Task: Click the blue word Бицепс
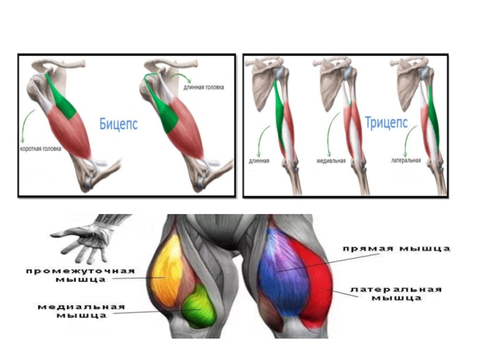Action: pyautogui.click(x=119, y=124)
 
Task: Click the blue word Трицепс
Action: pyautogui.click(x=386, y=124)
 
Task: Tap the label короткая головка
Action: pyautogui.click(x=40, y=149)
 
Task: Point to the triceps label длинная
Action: pyautogui.click(x=259, y=161)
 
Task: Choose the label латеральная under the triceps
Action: pyautogui.click(x=405, y=161)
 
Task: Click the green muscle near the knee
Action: pyautogui.click(x=197, y=306)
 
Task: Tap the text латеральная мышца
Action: pyautogui.click(x=395, y=293)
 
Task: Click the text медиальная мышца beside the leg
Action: pyautogui.click(x=81, y=311)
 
